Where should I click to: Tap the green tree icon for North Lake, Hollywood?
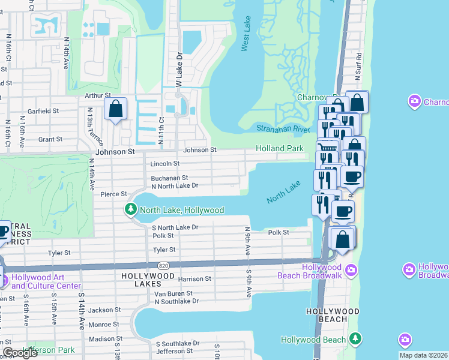click(x=130, y=210)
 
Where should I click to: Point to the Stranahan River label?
click(x=283, y=128)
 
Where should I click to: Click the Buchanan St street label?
click(x=170, y=178)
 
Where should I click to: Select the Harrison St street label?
click(x=194, y=279)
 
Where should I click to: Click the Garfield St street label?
click(x=41, y=111)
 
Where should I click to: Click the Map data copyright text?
click(x=423, y=355)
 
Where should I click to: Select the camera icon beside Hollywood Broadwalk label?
click(x=410, y=268)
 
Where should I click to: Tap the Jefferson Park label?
click(x=49, y=350)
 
